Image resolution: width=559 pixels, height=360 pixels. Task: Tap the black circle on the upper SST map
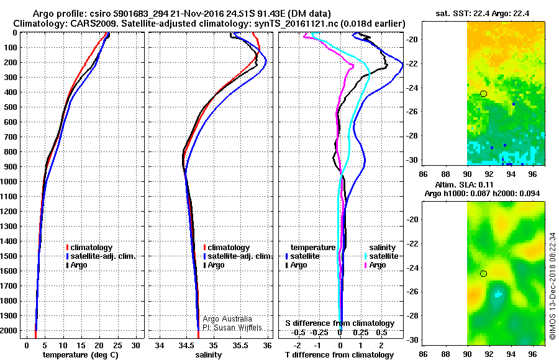pos(483,94)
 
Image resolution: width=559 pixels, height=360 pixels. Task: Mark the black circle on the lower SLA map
pos(483,274)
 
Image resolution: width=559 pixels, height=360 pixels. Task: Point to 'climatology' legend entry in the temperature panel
pos(93,248)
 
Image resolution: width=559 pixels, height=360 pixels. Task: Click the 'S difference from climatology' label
pos(339,323)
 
